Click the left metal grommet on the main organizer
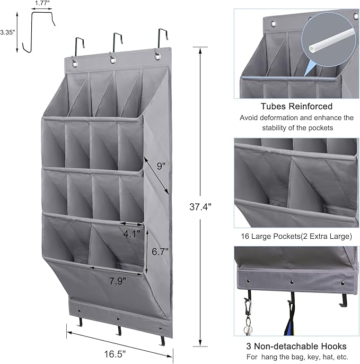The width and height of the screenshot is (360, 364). click(x=74, y=64)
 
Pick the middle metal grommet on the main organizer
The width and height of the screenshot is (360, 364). click(x=113, y=60)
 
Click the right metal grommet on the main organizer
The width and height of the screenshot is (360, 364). click(x=157, y=56)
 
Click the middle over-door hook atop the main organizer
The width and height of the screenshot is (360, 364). click(x=116, y=42)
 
